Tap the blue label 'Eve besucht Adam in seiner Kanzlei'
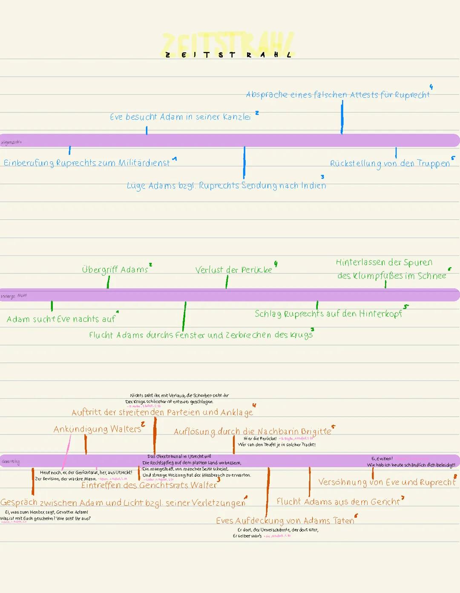pos(180,117)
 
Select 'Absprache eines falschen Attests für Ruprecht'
pos(338,95)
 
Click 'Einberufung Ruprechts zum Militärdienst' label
pos(87,163)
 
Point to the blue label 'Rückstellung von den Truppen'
pos(390,163)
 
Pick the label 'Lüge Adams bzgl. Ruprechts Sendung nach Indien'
pos(226,186)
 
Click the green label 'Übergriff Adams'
pos(115,270)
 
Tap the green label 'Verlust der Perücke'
pos(233,270)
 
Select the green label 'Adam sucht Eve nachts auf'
pos(61,319)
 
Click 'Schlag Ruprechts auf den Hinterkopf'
pos(328,314)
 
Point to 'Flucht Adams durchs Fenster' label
pos(201,335)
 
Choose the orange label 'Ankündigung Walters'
pos(97,429)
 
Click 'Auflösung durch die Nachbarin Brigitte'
pos(252,432)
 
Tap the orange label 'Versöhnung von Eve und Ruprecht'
pos(387,482)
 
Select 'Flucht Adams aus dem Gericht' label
pos(338,502)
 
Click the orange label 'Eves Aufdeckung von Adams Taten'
pos(285,521)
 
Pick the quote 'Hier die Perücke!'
pos(260,438)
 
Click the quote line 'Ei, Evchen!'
pos(382,458)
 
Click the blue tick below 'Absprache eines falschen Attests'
pos(342,118)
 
